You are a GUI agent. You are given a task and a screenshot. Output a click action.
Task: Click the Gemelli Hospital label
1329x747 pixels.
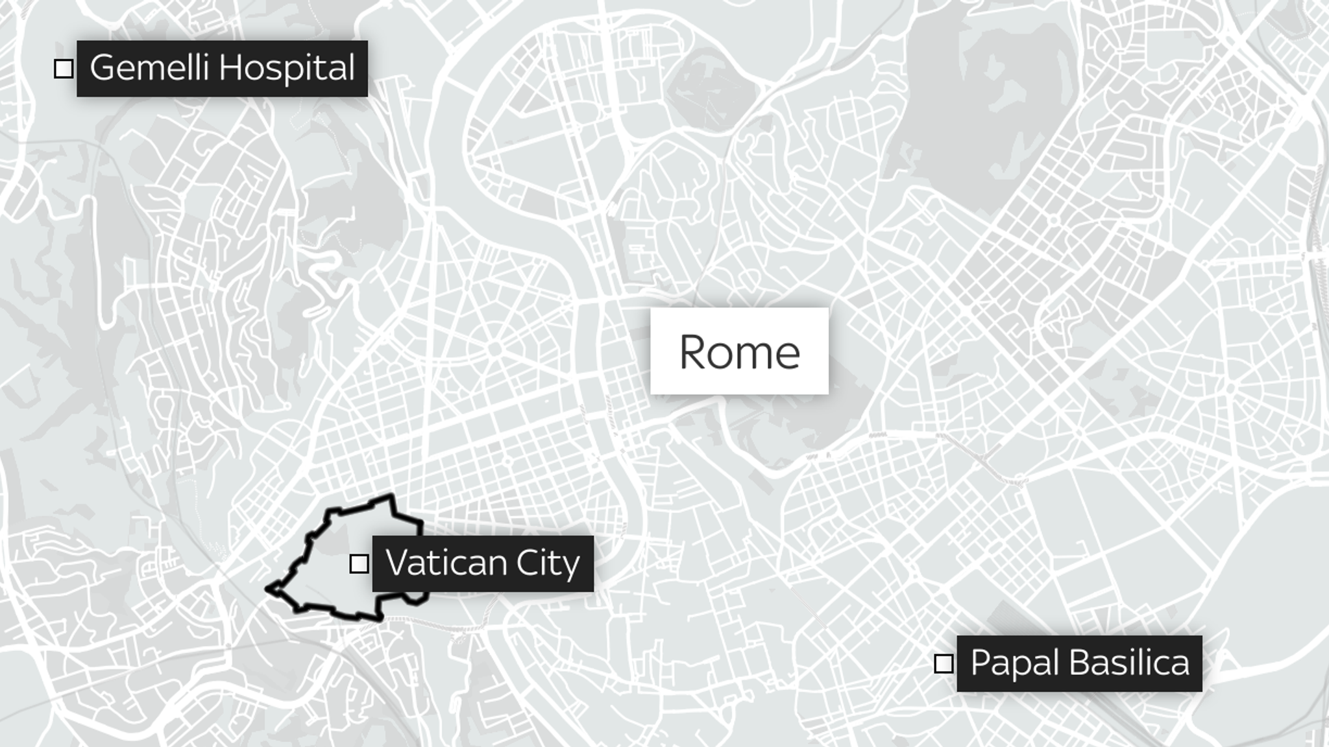[x=222, y=68]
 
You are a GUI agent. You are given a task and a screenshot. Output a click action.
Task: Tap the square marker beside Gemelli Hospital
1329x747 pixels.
[x=64, y=68]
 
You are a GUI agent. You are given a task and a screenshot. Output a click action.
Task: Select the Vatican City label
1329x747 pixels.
[x=482, y=563]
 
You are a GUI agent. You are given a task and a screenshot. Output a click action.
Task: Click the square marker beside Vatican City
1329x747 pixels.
[x=359, y=563]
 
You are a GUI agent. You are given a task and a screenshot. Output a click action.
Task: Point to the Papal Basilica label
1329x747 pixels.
[x=1079, y=663]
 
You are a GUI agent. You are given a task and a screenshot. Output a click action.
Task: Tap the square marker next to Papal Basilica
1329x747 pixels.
[x=944, y=664]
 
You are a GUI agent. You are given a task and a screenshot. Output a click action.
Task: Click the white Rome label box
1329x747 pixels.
[x=739, y=351]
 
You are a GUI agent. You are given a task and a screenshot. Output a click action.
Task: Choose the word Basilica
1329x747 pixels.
[x=1130, y=663]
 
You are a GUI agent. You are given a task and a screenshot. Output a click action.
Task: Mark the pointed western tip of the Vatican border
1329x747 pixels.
[x=268, y=589]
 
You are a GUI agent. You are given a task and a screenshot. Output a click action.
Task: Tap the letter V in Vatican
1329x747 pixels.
[x=397, y=562]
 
